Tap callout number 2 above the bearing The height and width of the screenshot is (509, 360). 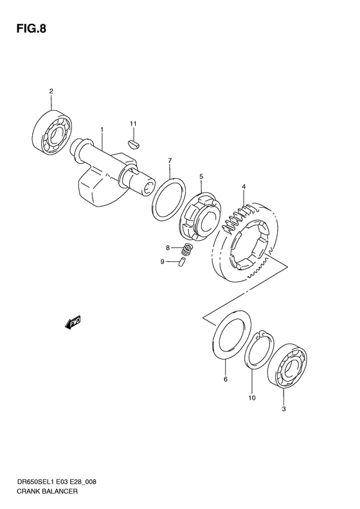point(51,92)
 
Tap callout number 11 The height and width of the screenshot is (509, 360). point(133,123)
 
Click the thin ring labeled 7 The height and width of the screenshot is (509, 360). point(169,200)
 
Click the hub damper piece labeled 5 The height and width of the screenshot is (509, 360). point(199,217)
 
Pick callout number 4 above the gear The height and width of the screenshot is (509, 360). point(244,187)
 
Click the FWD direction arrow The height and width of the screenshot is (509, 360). point(73,322)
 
